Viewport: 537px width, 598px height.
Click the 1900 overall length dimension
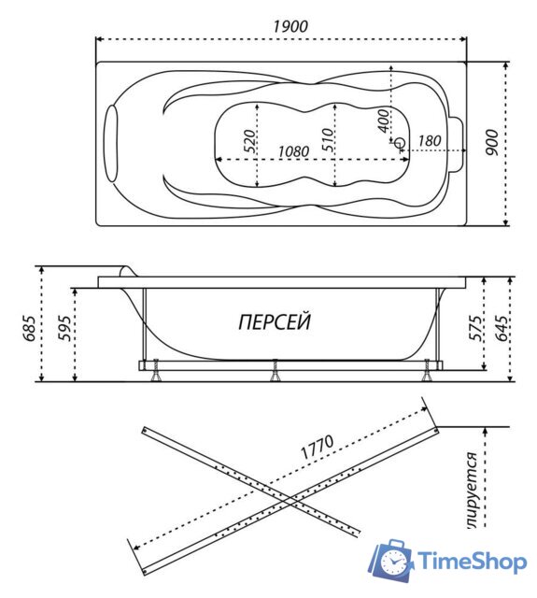click(290, 26)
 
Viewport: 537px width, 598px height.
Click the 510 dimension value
click(328, 140)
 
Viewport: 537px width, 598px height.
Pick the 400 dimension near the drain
click(383, 121)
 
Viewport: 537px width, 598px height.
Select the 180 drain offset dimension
click(430, 141)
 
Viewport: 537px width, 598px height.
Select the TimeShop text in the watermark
click(473, 562)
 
